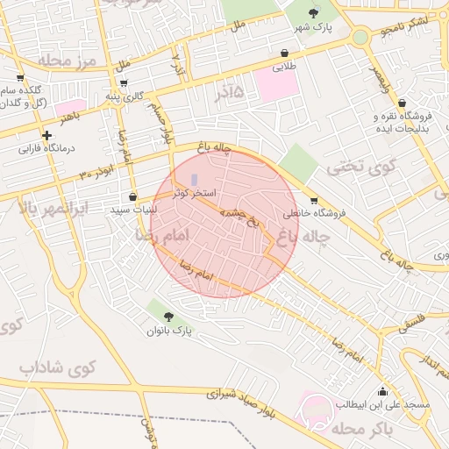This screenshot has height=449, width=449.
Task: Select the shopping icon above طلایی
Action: (285, 53)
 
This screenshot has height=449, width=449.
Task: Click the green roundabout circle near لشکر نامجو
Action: (360, 38)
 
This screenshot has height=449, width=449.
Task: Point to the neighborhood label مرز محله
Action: (66, 61)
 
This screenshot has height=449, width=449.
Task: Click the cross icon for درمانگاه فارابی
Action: (46, 135)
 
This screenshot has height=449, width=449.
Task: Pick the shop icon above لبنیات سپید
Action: (132, 197)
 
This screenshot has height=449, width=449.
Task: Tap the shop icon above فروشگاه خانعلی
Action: (314, 199)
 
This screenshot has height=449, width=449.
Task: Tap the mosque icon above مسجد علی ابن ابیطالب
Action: (381, 391)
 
